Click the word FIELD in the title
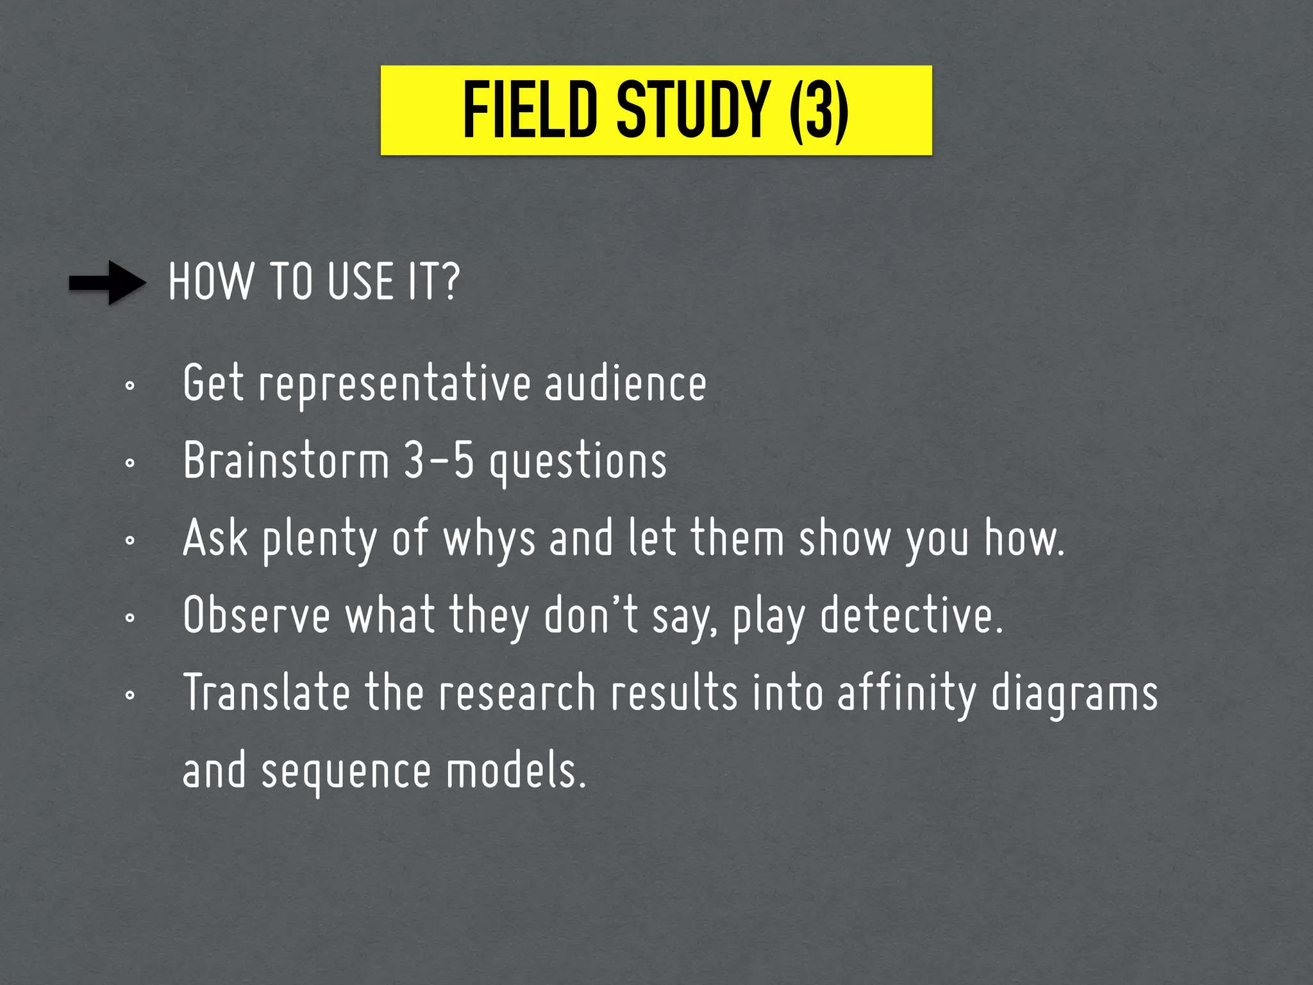pos(530,110)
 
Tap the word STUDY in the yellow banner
pos(692,110)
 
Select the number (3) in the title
pos(819,110)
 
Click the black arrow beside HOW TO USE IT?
pos(108,282)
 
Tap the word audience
pos(625,383)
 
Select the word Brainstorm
pos(286,460)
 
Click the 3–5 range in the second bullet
pos(439,460)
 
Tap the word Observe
pos(256,616)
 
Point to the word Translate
pos(267,693)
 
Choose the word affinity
pos(907,694)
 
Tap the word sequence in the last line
pos(346,772)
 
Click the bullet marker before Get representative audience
pos(130,386)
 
